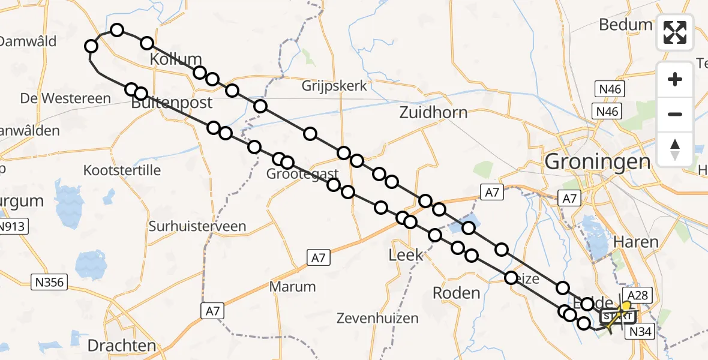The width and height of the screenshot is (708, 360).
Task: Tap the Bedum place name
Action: pyautogui.click(x=625, y=25)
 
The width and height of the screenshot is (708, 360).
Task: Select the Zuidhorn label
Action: pyautogui.click(x=434, y=112)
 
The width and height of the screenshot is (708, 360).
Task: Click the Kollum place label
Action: pyautogui.click(x=175, y=59)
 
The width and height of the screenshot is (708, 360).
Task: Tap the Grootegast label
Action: pyautogui.click(x=302, y=174)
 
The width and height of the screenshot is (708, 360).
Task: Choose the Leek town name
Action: pyautogui.click(x=406, y=255)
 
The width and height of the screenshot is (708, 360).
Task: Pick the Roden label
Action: pyautogui.click(x=457, y=293)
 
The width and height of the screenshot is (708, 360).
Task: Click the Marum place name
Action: pyautogui.click(x=292, y=286)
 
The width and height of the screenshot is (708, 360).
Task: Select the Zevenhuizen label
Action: pyautogui.click(x=377, y=317)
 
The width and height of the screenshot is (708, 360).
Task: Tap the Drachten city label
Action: pyautogui.click(x=122, y=346)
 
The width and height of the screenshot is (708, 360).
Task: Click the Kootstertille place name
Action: pyautogui.click(x=122, y=170)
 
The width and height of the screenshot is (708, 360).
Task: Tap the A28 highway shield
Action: pyautogui.click(x=639, y=295)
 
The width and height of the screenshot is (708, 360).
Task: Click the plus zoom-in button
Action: pyautogui.click(x=675, y=79)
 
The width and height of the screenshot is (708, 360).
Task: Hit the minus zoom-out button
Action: pyautogui.click(x=675, y=114)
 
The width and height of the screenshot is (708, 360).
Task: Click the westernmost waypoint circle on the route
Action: pyautogui.click(x=91, y=46)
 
